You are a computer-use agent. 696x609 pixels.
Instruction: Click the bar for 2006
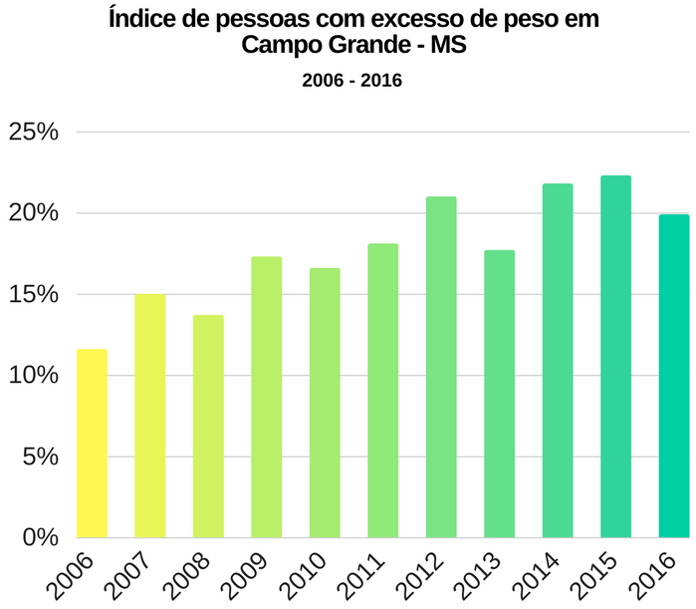pyautogui.click(x=92, y=444)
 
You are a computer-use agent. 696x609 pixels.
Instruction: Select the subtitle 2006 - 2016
pyautogui.click(x=351, y=81)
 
